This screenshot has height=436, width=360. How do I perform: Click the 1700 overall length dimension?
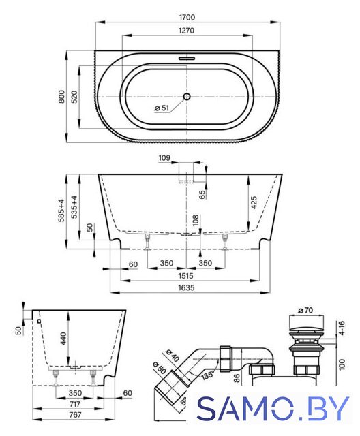(x=187, y=17)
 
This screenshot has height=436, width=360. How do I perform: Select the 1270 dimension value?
(x=186, y=30)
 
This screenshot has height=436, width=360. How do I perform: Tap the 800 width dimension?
(x=61, y=97)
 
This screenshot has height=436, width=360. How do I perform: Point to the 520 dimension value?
(x=74, y=97)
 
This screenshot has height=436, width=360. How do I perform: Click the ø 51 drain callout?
(x=162, y=108)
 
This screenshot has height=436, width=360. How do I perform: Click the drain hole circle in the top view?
(x=187, y=97)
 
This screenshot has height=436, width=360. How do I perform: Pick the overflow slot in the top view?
(x=187, y=59)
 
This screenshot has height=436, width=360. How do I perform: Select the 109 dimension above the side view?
(x=164, y=158)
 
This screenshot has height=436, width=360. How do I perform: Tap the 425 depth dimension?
(x=254, y=203)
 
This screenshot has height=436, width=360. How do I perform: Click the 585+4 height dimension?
(x=61, y=211)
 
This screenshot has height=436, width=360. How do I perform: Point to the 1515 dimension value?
(x=186, y=275)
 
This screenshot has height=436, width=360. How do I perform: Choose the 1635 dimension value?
(x=186, y=287)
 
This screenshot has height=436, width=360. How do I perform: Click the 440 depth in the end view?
(x=63, y=339)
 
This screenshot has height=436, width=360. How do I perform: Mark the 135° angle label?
(x=208, y=375)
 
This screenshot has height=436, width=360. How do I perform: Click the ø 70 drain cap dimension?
(x=305, y=310)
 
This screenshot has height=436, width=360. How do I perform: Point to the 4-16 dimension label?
(x=342, y=328)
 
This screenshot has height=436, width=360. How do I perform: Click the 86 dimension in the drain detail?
(x=237, y=378)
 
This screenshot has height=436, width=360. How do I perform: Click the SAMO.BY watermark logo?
(x=273, y=408)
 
